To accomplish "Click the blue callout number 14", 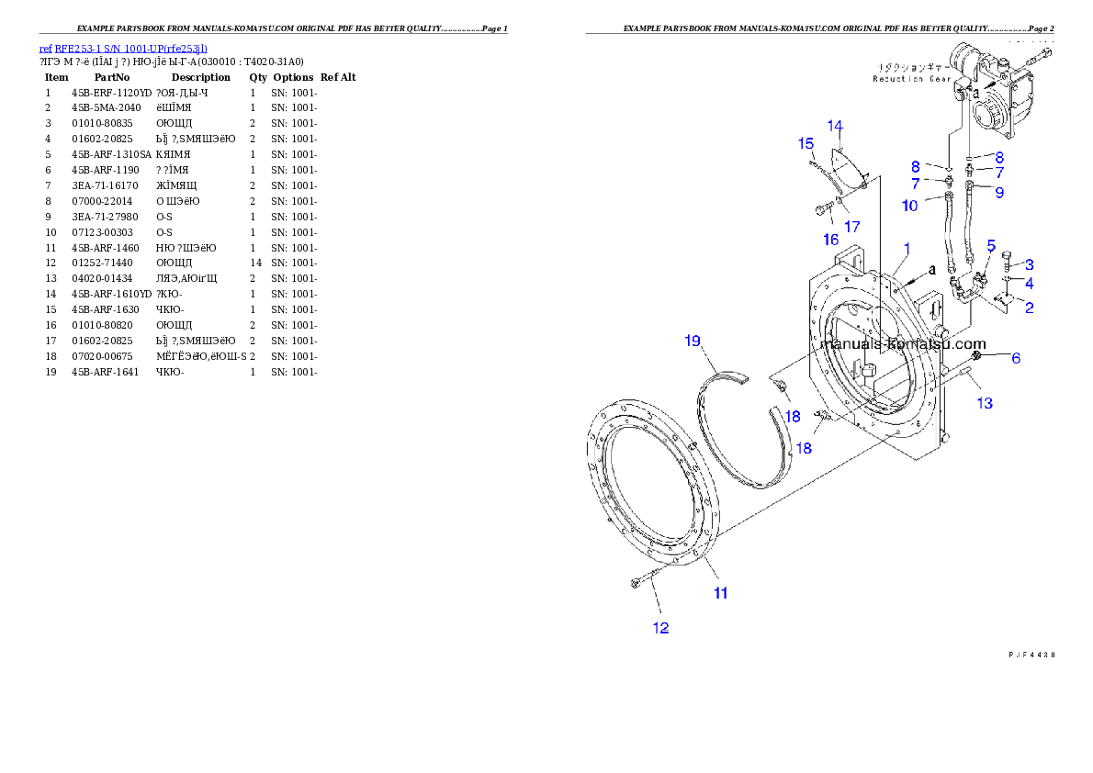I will click(x=834, y=126).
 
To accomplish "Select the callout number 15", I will click(x=806, y=143).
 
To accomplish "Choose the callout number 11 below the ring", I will click(x=721, y=593).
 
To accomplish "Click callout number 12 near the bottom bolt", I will click(x=660, y=628).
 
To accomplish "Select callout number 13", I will click(x=984, y=403).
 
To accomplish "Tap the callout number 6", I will click(x=1016, y=358).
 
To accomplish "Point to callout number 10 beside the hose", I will click(x=909, y=206).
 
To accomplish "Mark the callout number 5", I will click(x=991, y=245).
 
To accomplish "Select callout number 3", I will click(x=1029, y=264).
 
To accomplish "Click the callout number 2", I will click(x=1029, y=308).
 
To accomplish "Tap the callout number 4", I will click(x=1029, y=284).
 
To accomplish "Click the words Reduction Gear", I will click(x=912, y=80).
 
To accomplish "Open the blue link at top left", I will click(x=123, y=49).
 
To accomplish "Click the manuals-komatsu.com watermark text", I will click(x=906, y=344).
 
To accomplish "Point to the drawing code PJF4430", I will click(x=1031, y=655).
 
